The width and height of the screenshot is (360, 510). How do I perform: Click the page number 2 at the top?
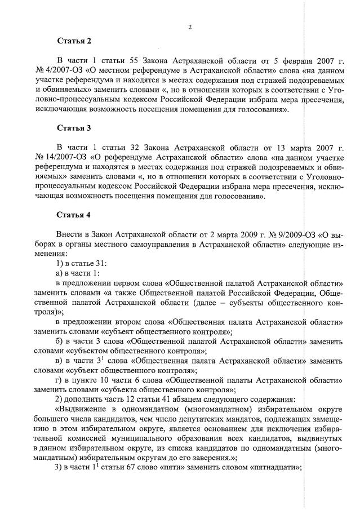tap(190, 26)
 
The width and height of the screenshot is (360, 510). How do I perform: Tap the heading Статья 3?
tap(73, 128)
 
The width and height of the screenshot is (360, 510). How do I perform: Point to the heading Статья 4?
tap(73, 215)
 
